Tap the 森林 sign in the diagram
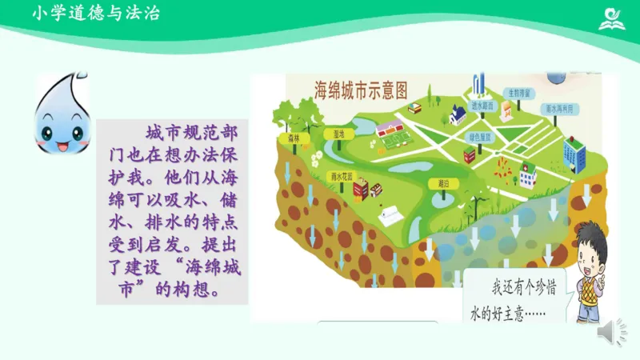pos(287,138)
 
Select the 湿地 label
pos(338,134)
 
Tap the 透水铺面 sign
pos(483,105)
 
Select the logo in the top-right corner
pos(614,16)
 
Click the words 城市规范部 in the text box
pos(192,131)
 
